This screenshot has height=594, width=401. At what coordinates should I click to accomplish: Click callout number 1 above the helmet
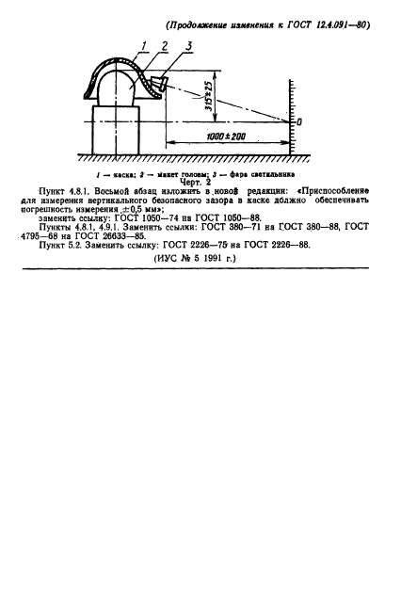(144, 46)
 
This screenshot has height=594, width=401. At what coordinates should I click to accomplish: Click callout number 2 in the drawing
(165, 46)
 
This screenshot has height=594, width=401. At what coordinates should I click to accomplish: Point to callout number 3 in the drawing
(188, 46)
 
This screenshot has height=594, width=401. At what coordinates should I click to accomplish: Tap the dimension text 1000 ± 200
(227, 136)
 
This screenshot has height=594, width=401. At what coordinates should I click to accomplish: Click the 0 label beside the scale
(299, 122)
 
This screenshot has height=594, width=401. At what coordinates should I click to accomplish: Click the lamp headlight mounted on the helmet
(159, 84)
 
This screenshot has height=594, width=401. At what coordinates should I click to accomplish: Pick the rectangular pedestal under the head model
(116, 130)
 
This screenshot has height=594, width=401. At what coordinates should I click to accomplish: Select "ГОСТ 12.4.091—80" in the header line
(329, 25)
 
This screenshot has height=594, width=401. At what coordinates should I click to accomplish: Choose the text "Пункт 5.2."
(60, 245)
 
